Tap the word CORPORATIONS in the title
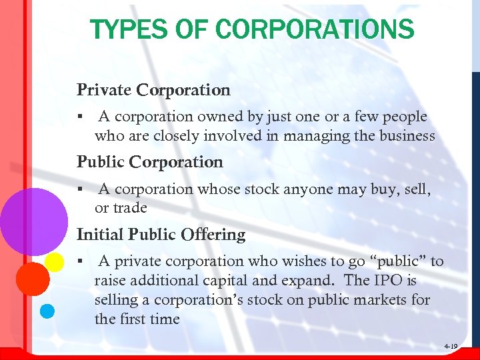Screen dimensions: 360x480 pos(315,29)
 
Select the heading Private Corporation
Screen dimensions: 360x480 pos(153,89)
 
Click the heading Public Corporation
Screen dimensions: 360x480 pos(149,162)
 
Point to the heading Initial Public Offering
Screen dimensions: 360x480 pos(161,235)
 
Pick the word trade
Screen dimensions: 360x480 pos(130,208)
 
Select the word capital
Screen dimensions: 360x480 pos(234,281)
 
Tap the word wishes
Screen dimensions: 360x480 pos(314,261)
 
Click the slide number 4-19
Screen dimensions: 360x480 pos(450,347)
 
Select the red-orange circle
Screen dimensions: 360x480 pos(31,278)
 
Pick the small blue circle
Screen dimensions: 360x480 pos(47,311)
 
